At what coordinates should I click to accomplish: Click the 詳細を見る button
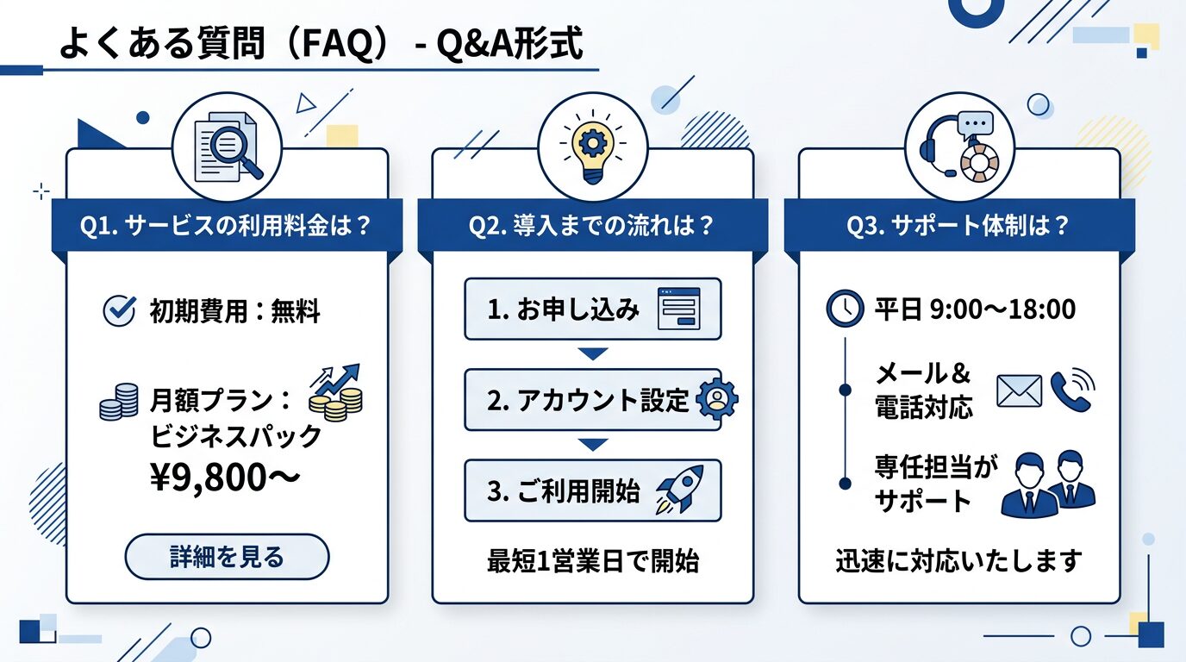point(227,557)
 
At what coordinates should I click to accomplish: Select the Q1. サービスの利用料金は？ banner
point(227,226)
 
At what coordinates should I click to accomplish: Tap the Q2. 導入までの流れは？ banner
point(592,226)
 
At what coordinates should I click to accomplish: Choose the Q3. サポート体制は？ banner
point(958,226)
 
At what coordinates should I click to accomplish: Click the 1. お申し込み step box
point(592,309)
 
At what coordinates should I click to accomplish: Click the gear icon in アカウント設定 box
point(715,399)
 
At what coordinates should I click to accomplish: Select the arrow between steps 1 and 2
point(592,353)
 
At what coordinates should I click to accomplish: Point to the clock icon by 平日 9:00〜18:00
point(845,309)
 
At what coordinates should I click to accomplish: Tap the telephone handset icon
point(1070,391)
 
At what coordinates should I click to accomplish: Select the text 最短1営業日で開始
point(592,562)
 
